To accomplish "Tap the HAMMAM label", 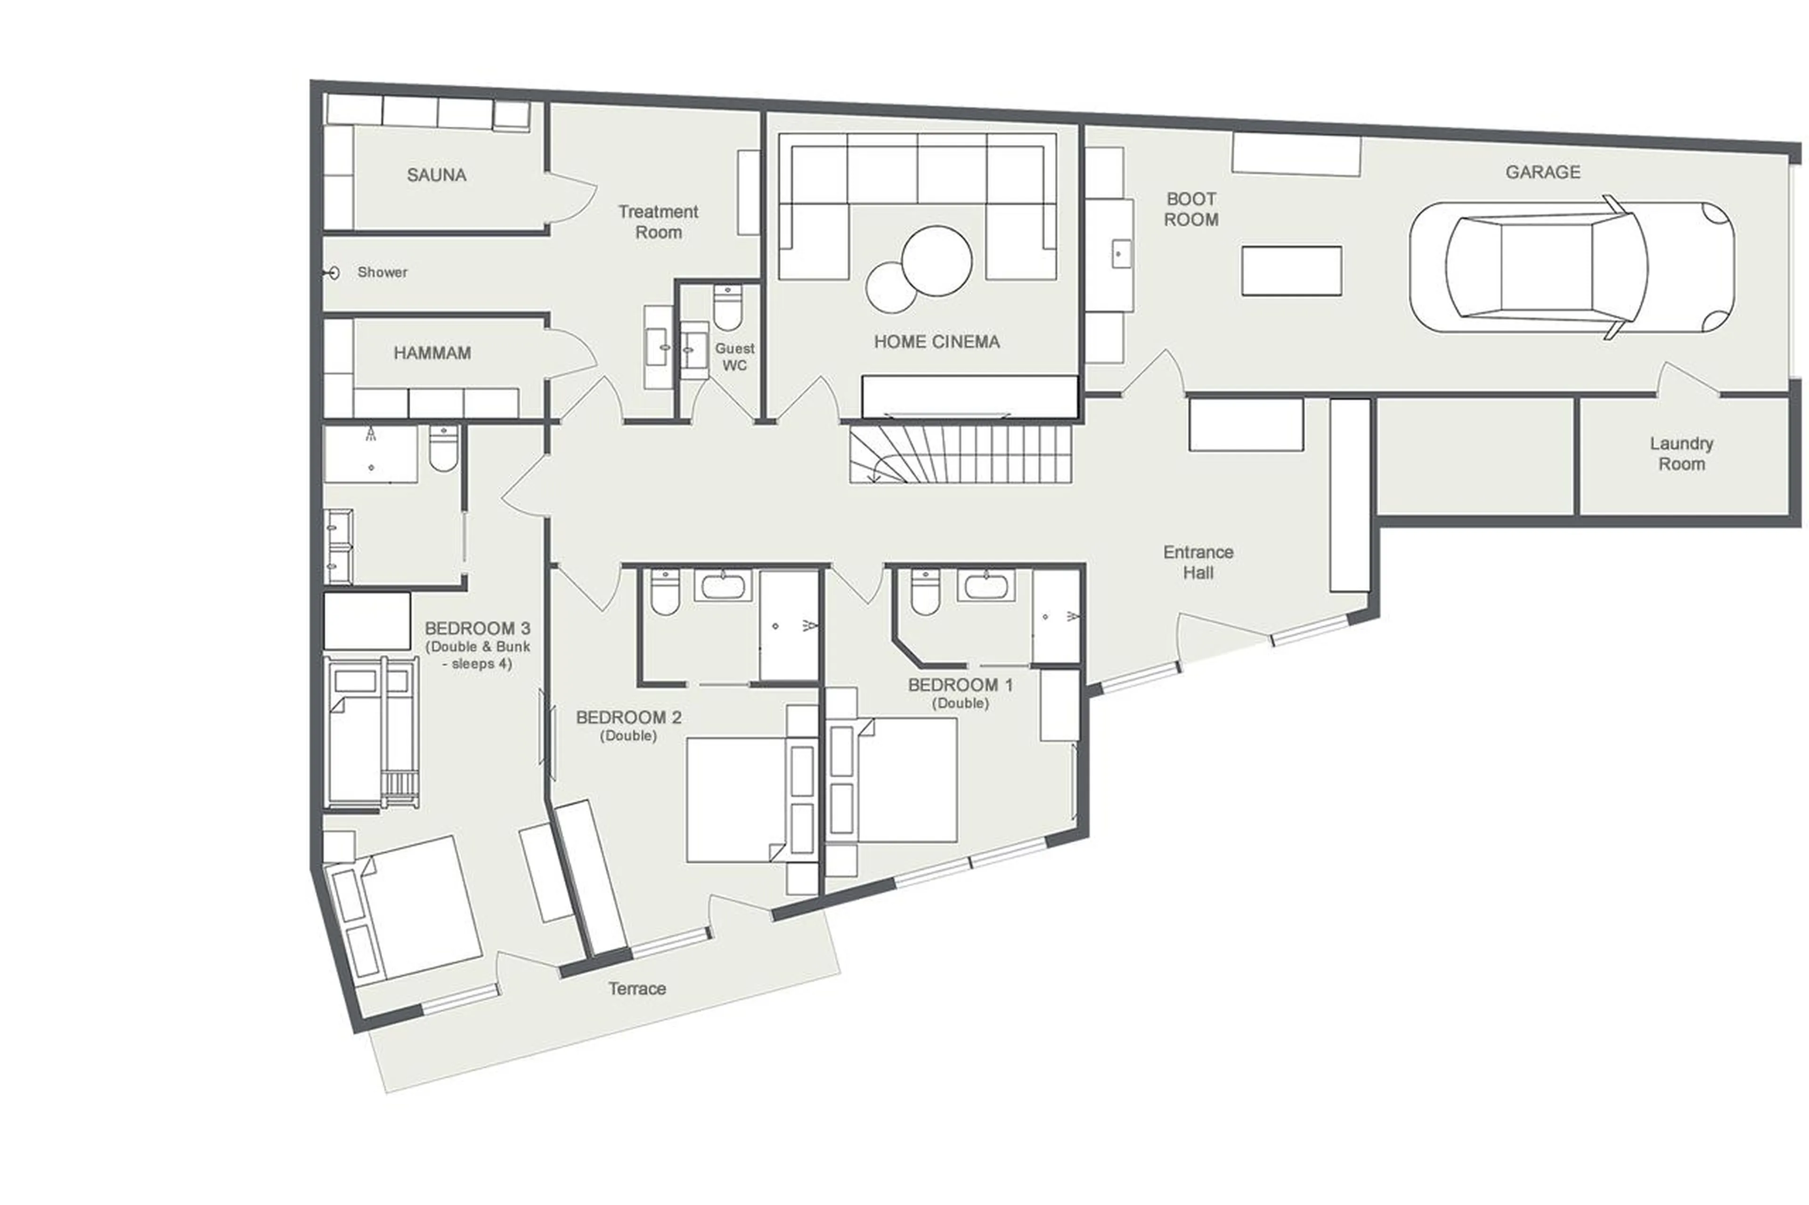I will pos(432,354).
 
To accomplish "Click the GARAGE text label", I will pos(1542,172).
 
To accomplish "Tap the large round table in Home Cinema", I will pos(937,260).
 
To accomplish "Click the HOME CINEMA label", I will pos(937,342).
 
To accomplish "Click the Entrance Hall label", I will pos(1198,562).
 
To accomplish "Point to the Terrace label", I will pos(636,989).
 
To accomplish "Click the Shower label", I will pos(382,273).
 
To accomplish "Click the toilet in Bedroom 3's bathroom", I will pos(443,450).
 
